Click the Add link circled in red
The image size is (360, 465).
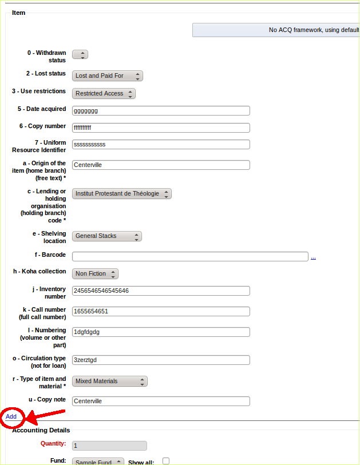point(11,416)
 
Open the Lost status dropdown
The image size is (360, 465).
point(107,75)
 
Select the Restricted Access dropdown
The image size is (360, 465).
point(104,93)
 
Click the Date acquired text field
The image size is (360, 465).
point(161,111)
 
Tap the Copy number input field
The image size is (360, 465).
point(161,128)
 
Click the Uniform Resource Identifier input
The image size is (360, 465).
point(161,144)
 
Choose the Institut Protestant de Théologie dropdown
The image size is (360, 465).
point(121,193)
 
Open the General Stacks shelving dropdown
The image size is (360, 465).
point(106,236)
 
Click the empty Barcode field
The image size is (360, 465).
point(190,256)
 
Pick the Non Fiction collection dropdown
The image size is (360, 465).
point(95,273)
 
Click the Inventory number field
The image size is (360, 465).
point(161,291)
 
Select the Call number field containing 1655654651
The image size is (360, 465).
point(161,311)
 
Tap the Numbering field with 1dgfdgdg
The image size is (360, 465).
point(161,332)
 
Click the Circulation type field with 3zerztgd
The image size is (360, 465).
point(161,360)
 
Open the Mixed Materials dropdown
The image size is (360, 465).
point(109,381)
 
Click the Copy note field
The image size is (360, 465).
point(161,401)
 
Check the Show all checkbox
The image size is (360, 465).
point(166,461)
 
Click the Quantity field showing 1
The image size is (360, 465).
point(109,446)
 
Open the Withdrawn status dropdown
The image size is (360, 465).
point(80,54)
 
